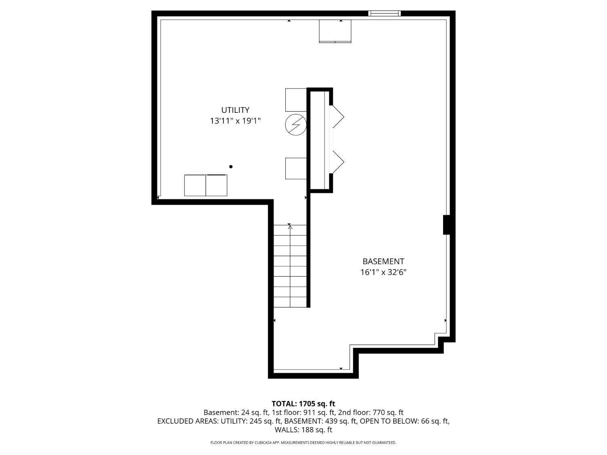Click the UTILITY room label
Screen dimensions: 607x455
click(235, 110)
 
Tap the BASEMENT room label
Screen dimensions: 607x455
click(383, 261)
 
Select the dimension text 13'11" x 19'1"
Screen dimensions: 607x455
click(236, 121)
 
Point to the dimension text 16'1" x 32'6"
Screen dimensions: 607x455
click(383, 272)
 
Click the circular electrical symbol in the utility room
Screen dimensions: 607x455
click(296, 125)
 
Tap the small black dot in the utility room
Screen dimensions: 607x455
click(231, 167)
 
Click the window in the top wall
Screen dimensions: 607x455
click(384, 13)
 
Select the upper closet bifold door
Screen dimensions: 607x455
click(338, 116)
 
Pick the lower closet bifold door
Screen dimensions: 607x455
click(338, 162)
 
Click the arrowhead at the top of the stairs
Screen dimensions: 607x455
click(290, 227)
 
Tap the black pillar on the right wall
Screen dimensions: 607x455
click(447, 225)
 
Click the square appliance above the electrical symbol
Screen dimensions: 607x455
click(296, 100)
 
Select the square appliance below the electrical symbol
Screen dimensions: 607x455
click(296, 169)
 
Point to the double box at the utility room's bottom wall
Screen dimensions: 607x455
click(206, 185)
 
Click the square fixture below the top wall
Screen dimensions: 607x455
click(335, 31)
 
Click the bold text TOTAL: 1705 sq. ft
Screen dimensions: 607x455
click(303, 404)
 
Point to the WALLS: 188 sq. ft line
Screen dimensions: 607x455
click(303, 430)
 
